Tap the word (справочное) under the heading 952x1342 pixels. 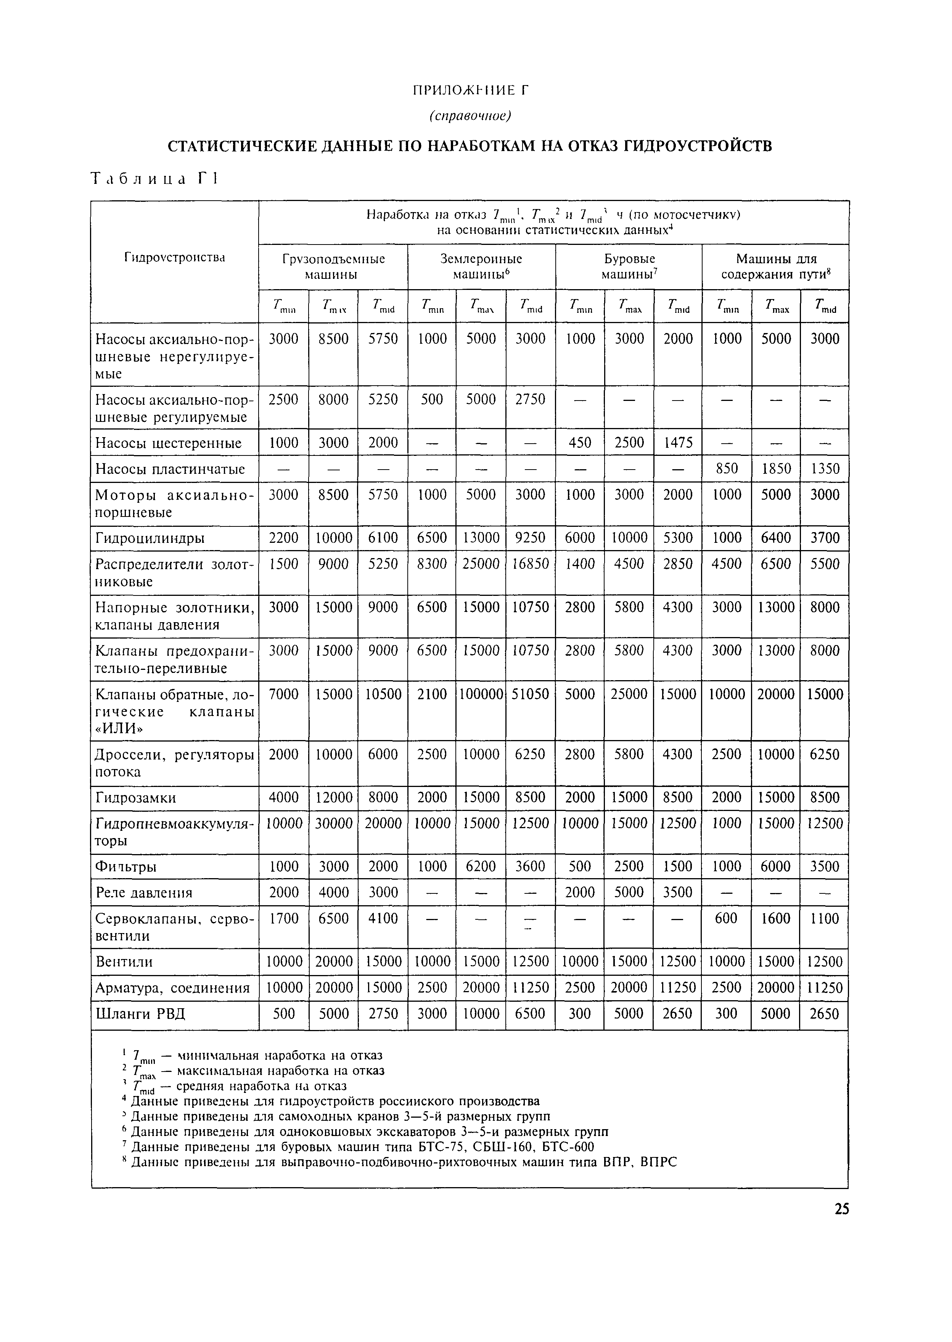470,116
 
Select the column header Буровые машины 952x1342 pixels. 629,266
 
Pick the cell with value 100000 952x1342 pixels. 481,694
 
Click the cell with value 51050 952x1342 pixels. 530,694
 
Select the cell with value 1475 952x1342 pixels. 678,443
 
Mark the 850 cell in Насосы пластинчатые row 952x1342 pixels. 726,468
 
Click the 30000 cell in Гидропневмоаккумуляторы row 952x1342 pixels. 334,823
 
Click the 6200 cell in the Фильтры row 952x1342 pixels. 481,867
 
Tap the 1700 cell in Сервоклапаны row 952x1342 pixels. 284,918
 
